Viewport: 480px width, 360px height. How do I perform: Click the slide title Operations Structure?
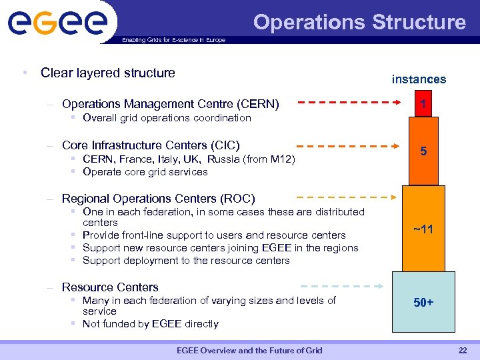[x=359, y=22]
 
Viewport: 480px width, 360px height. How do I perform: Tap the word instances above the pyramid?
[x=419, y=79]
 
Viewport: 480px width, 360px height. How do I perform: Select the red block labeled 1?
[x=423, y=104]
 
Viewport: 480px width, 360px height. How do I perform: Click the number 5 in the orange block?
[x=423, y=152]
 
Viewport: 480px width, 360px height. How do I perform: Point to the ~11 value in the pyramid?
[x=423, y=229]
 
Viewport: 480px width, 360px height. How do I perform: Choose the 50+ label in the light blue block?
[x=423, y=303]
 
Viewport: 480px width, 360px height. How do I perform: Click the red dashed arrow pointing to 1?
[x=347, y=103]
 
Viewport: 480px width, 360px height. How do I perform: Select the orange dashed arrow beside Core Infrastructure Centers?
[x=347, y=145]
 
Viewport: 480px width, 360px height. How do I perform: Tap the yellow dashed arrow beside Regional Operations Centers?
[x=347, y=197]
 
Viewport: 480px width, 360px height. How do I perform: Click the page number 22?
[x=463, y=351]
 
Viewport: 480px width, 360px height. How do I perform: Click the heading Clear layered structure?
[x=107, y=73]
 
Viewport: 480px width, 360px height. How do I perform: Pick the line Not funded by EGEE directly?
[x=150, y=324]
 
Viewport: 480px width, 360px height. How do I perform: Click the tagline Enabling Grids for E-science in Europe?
[x=173, y=40]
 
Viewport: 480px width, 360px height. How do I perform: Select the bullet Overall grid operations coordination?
[x=167, y=118]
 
